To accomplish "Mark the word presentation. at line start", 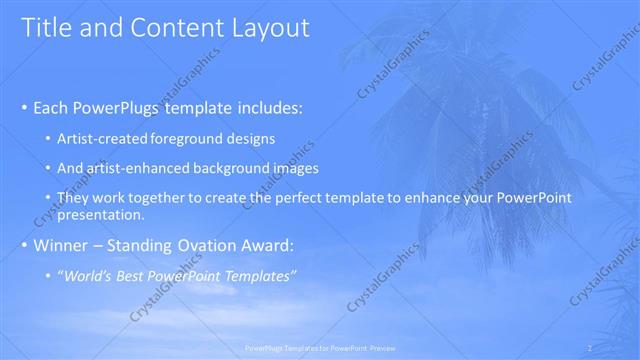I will point(101,214).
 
